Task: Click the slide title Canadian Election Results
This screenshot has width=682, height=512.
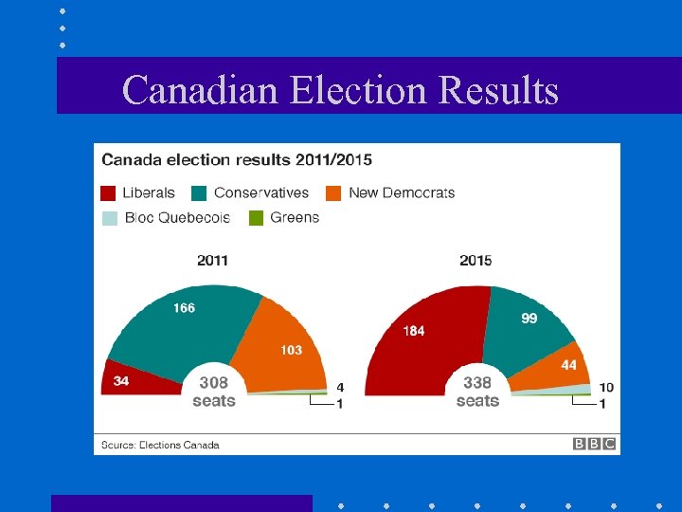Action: (340, 90)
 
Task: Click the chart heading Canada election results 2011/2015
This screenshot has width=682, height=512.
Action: (237, 159)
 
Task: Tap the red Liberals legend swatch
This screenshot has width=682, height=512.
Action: (109, 193)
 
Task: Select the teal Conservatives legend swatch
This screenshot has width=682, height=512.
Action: (200, 193)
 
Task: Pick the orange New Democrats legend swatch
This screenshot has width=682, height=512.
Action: (333, 193)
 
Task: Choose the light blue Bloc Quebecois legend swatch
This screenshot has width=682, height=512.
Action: (109, 218)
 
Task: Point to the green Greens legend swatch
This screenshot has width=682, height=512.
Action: (256, 218)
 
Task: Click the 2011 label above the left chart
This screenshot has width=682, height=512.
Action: (212, 260)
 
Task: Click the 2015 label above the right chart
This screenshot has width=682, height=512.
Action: (476, 260)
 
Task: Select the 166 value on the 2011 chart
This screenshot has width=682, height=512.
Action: (184, 307)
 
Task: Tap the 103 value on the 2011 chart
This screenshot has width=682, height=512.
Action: (291, 350)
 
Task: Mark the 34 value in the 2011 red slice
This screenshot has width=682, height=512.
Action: (120, 381)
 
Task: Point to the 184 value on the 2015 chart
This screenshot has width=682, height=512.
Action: (413, 331)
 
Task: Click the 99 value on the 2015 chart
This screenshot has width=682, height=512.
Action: (529, 318)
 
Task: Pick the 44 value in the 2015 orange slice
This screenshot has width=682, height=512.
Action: (568, 365)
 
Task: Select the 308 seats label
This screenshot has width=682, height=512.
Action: (213, 392)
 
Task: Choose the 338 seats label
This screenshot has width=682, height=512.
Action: (477, 392)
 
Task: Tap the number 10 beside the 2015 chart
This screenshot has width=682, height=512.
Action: (606, 387)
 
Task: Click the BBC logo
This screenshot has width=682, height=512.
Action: (595, 444)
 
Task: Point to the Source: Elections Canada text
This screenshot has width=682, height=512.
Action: (161, 445)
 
